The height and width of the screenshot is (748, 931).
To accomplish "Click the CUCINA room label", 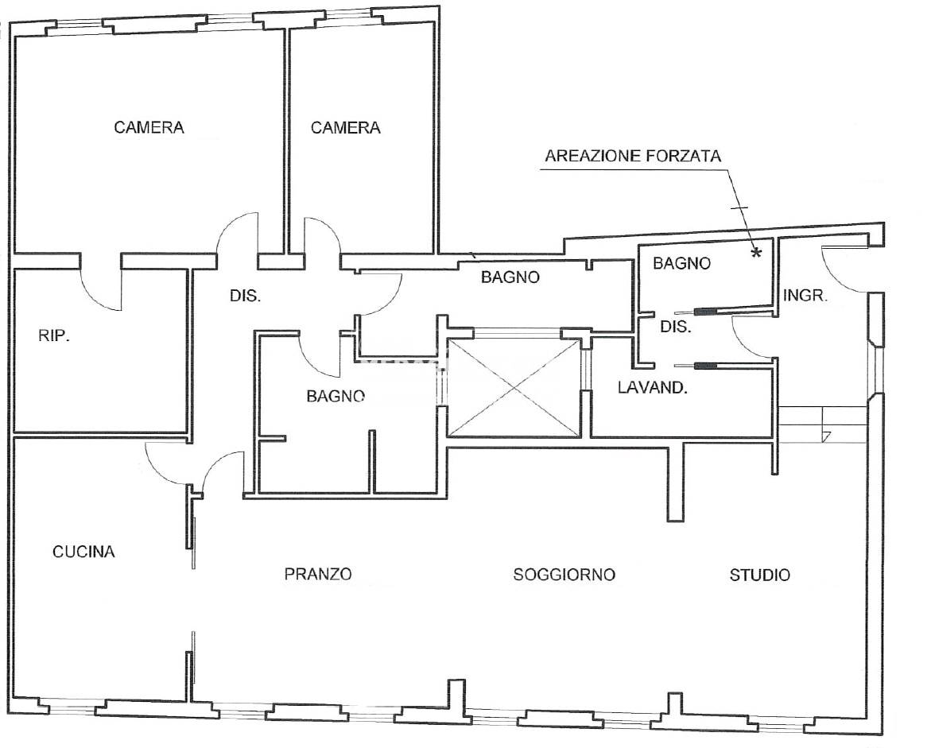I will click(x=83, y=552).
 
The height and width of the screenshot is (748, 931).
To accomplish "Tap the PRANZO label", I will click(x=318, y=574).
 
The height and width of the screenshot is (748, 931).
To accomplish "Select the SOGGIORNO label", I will click(x=564, y=575).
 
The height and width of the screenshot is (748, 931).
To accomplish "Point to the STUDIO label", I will click(x=760, y=575).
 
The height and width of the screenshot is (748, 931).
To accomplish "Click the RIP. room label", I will click(x=55, y=336).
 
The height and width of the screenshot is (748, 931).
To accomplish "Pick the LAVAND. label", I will click(x=653, y=389).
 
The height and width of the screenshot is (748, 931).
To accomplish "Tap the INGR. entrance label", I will click(x=806, y=296).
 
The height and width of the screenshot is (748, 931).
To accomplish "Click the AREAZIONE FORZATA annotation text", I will click(x=633, y=156).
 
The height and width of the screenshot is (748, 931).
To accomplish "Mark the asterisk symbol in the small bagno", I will click(x=756, y=253).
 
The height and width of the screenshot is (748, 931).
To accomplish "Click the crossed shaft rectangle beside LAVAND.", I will click(x=514, y=388).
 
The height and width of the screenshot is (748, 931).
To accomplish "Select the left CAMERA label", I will click(x=149, y=127).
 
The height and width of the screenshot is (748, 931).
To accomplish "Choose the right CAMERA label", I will click(x=345, y=127).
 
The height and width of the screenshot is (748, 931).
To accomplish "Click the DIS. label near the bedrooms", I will click(x=246, y=296).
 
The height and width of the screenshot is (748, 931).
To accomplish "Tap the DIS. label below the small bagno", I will click(x=676, y=326).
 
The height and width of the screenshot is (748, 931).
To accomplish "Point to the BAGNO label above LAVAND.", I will click(x=681, y=264).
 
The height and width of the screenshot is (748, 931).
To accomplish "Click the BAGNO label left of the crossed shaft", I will click(x=336, y=395).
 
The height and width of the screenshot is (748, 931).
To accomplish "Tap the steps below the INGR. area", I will click(x=822, y=424).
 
